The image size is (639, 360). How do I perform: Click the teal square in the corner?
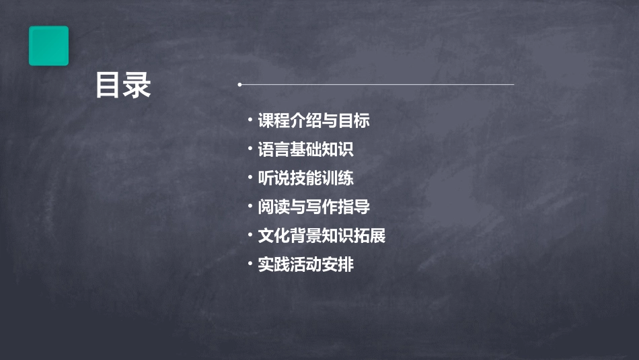tap(48, 46)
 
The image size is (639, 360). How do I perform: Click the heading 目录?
tap(123, 85)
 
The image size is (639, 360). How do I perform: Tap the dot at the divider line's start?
tap(239, 85)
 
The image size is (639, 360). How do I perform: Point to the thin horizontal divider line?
tap(377, 85)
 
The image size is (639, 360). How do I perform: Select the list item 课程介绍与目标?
tap(313, 121)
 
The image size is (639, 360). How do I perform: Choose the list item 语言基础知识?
tap(305, 149)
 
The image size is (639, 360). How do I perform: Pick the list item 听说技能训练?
tap(305, 178)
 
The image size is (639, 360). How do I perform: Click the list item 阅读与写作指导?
tap(313, 207)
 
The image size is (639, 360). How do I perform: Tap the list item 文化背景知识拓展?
tap(322, 236)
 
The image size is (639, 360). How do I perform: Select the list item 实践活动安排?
tap(305, 264)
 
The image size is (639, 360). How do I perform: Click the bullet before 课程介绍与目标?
tap(250, 121)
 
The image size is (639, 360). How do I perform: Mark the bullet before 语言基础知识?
tap(250, 149)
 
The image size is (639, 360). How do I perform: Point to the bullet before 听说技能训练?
tap(250, 178)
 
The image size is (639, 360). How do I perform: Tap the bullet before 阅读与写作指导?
tap(250, 207)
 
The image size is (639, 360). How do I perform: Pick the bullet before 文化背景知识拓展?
tap(250, 236)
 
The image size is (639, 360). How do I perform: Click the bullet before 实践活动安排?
tap(250, 264)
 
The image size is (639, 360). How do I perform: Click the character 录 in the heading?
tap(137, 85)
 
